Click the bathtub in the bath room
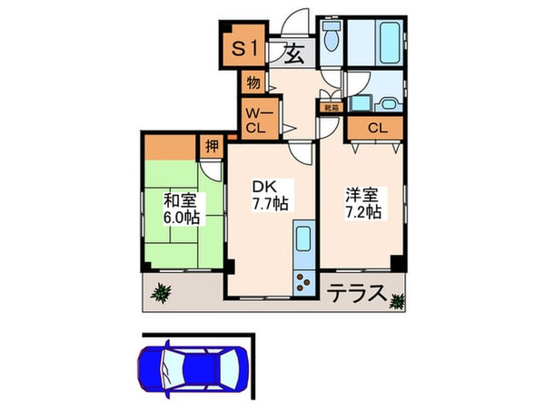pyautogui.click(x=379, y=40)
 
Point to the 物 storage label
pyautogui.click(x=253, y=83)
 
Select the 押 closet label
pyautogui.click(x=212, y=145)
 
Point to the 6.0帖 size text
pyautogui.click(x=181, y=219)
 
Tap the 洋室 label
pyautogui.click(x=362, y=193)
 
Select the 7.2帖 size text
pyautogui.click(x=362, y=212)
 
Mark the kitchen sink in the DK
pyautogui.click(x=303, y=243)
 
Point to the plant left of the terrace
pyautogui.click(x=162, y=293)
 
